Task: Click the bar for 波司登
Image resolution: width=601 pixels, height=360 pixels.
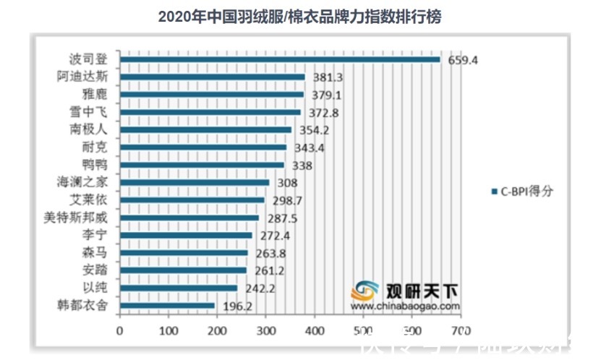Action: [x=280, y=60]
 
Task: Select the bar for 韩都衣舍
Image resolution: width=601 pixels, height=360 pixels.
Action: [x=168, y=306]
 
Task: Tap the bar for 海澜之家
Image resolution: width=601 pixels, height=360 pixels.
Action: [x=195, y=183]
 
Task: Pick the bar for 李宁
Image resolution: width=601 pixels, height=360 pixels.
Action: [x=186, y=236]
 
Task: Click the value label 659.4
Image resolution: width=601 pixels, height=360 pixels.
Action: [x=463, y=61]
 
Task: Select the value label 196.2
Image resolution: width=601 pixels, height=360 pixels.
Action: [x=238, y=306]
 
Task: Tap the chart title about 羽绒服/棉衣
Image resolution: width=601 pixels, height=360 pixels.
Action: [x=299, y=17]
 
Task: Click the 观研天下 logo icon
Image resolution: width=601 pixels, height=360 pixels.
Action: [x=366, y=291]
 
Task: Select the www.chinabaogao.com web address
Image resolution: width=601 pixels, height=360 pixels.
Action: [x=406, y=306]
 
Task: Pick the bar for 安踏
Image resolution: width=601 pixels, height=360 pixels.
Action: [x=183, y=270]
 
